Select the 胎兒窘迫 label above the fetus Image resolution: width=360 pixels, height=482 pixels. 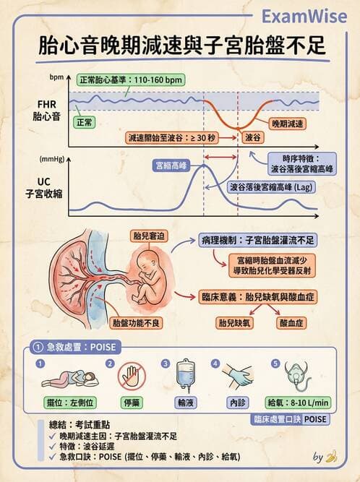(147, 235)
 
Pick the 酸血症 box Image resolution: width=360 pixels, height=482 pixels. (293, 323)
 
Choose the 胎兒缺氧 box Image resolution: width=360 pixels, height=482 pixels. (236, 323)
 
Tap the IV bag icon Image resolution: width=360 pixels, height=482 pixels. (185, 376)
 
